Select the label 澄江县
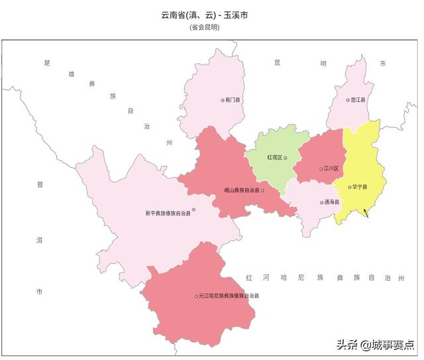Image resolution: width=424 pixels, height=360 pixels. (358, 100)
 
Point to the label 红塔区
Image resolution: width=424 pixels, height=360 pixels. (274, 158)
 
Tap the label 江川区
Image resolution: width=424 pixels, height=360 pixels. (331, 169)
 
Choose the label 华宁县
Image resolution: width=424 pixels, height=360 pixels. (360, 187)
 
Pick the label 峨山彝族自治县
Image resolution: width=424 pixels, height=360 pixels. (242, 190)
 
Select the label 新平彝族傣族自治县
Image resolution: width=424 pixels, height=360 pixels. (168, 213)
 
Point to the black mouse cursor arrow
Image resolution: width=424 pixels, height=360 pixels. (365, 213)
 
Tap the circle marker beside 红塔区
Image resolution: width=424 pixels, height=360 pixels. (286, 158)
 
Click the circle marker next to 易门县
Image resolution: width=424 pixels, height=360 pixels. (223, 100)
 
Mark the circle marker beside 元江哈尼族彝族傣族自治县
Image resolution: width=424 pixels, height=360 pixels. (196, 296)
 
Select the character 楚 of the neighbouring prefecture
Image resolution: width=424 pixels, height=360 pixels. (47, 63)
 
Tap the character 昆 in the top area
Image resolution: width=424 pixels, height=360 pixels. (278, 63)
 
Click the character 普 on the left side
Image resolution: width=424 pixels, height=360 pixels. (39, 185)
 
